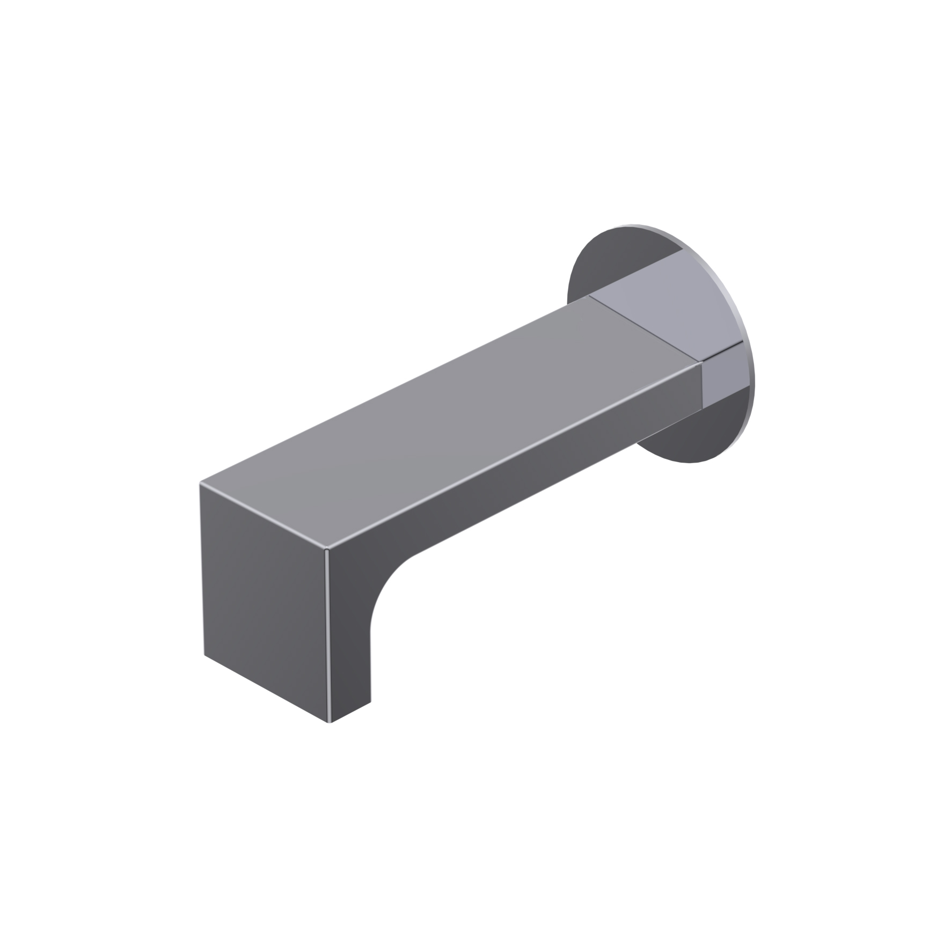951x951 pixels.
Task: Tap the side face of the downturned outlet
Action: [349, 644]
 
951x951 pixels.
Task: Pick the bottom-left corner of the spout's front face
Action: [204, 656]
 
